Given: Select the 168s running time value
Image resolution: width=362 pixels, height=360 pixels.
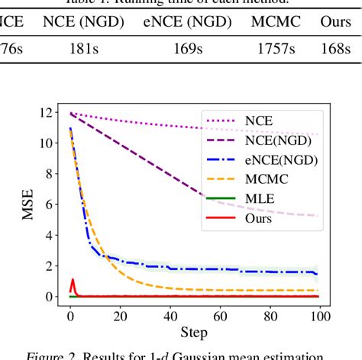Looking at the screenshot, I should click(337, 49).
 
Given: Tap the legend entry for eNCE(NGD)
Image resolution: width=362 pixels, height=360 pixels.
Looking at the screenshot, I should click(283, 159).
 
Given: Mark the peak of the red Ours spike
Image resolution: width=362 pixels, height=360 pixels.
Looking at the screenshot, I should click(73, 279).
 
